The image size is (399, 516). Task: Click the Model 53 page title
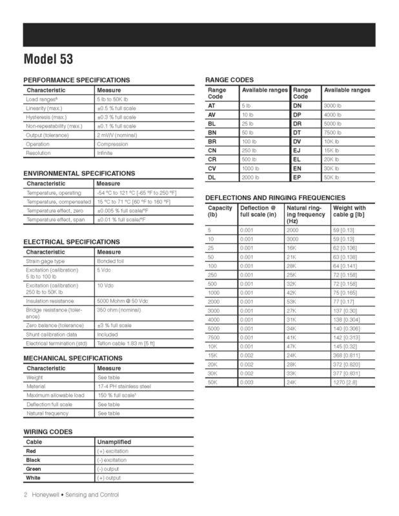(x=48, y=59)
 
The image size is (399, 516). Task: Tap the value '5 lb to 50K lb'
(x=114, y=99)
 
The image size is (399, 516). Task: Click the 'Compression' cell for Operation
(x=112, y=144)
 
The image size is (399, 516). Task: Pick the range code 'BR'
(x=212, y=141)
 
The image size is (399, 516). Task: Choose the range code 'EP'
(x=297, y=177)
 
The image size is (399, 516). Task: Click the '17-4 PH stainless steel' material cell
(x=124, y=386)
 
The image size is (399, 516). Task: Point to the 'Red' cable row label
(x=32, y=451)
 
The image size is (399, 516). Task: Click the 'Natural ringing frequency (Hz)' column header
(x=305, y=214)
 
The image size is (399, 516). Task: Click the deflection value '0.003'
(x=246, y=381)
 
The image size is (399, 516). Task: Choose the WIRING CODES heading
(x=48, y=432)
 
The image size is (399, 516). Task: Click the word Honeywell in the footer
(x=43, y=495)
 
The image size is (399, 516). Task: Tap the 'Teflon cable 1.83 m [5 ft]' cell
(x=128, y=344)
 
